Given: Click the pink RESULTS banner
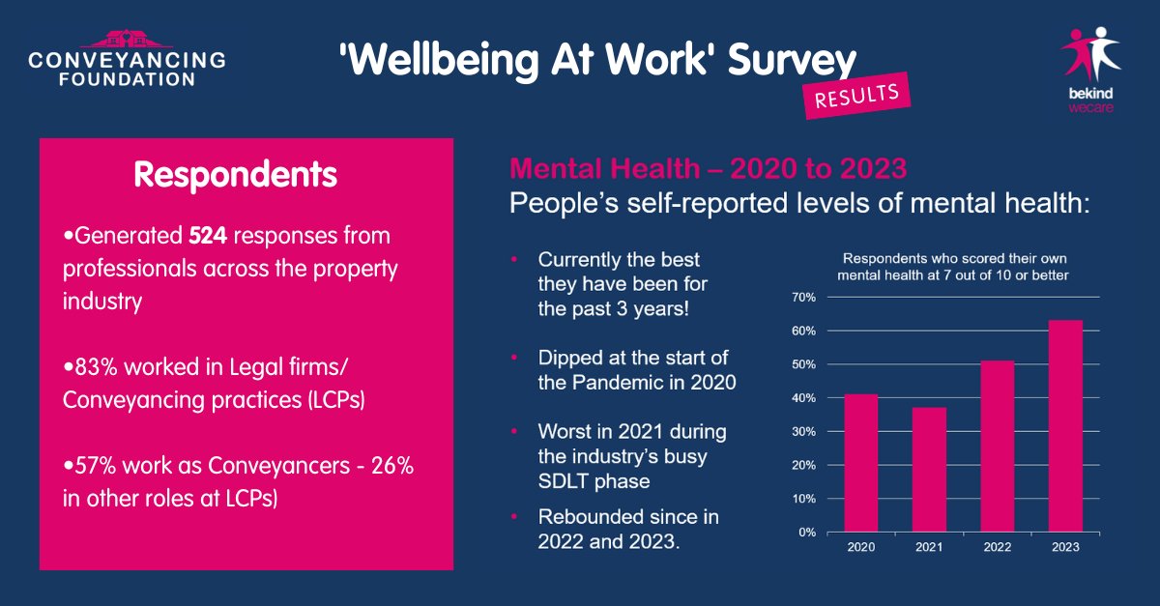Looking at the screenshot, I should pos(857,98).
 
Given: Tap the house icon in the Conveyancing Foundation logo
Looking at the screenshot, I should pos(126,40).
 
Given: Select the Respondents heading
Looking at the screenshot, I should pos(235,175).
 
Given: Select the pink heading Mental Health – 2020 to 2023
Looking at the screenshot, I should pos(708,168).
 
